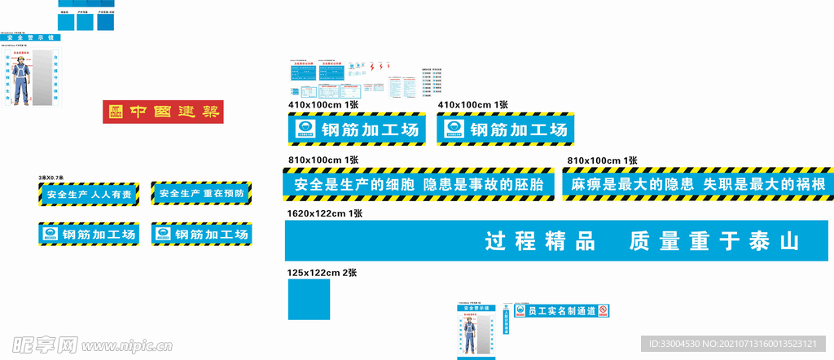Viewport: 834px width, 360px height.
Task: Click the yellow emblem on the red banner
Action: (x=115, y=112)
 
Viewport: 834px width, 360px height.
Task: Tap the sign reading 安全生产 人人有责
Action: (x=89, y=195)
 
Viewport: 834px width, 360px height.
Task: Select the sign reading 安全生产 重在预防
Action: (x=201, y=194)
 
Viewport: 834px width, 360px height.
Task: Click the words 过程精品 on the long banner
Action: (x=540, y=241)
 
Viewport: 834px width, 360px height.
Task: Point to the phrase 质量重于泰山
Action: (x=714, y=241)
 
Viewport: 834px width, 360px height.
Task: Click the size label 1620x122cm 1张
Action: (x=324, y=213)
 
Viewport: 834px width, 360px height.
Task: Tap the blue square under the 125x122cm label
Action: (x=309, y=299)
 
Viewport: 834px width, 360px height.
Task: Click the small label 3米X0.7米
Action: (x=51, y=178)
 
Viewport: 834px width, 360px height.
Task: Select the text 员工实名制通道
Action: (x=561, y=311)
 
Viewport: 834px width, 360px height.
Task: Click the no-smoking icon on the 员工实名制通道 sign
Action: (x=603, y=310)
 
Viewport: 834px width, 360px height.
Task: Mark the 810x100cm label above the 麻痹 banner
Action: (x=602, y=160)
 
